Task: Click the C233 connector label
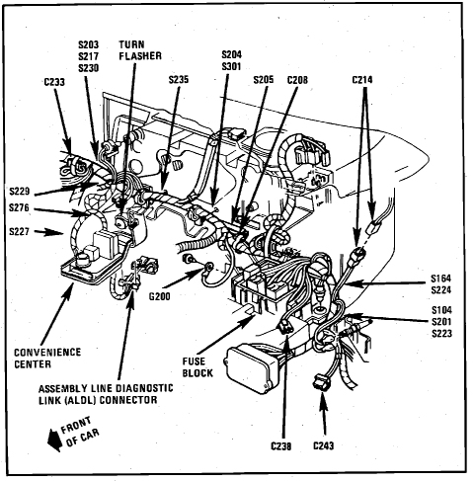[x=54, y=82]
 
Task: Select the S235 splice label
[x=179, y=80]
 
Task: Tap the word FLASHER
[x=140, y=56]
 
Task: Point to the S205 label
[x=264, y=80]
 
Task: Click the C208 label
[x=297, y=80]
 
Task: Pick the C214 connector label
[x=362, y=80]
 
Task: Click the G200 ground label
[x=160, y=296]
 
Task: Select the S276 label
[x=19, y=208]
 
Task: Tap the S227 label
[x=19, y=232]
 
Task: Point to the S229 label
[x=20, y=192]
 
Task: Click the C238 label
[x=281, y=446]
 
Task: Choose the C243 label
[x=324, y=445]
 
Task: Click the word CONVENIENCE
[x=47, y=353]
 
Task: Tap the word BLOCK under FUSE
[x=197, y=373]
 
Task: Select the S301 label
[x=231, y=66]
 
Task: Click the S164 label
[x=441, y=279]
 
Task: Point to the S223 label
[x=441, y=334]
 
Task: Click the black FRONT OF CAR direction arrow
[x=54, y=441]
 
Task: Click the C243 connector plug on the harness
[x=322, y=382]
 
